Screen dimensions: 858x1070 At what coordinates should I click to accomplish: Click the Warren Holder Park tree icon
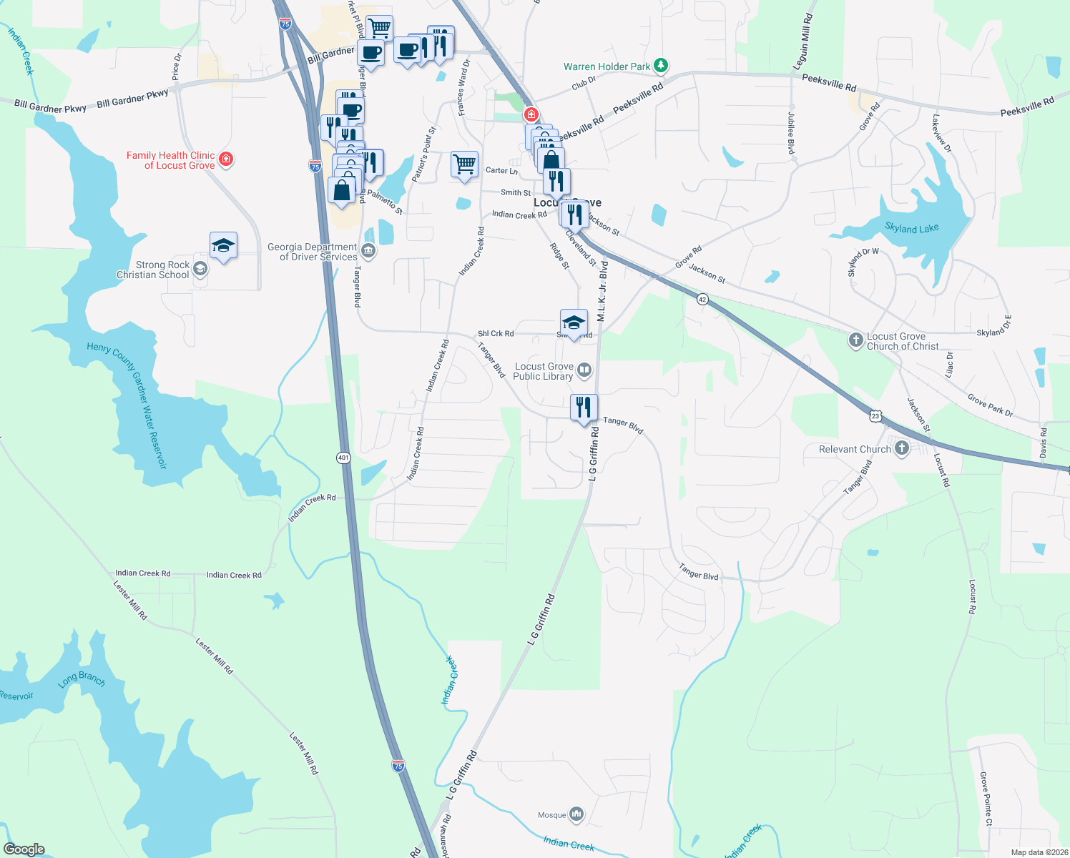tap(662, 66)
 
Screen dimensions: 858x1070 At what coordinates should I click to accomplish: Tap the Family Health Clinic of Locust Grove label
tap(171, 160)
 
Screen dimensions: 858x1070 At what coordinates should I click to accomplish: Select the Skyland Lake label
tap(911, 228)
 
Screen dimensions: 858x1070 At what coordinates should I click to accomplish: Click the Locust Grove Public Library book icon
tap(584, 370)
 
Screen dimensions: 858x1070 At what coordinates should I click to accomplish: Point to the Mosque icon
tap(576, 814)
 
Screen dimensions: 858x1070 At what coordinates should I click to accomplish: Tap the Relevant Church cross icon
tap(902, 448)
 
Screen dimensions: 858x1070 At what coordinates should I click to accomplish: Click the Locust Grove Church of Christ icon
tap(856, 340)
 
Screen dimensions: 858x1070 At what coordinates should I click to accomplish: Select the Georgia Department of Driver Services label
tap(312, 252)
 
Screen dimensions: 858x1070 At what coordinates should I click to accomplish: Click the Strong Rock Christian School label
tap(153, 270)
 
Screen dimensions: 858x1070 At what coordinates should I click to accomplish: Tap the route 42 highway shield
tap(702, 300)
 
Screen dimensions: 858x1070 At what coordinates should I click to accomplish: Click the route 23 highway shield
tap(875, 415)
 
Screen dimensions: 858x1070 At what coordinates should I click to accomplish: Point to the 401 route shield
tap(344, 457)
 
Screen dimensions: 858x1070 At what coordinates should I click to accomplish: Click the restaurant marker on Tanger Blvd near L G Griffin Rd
tap(584, 408)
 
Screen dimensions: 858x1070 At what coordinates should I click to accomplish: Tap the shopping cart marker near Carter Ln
tap(464, 164)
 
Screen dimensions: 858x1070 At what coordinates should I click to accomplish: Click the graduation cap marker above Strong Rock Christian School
tap(223, 245)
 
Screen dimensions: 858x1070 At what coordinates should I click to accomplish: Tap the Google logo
tap(24, 849)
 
